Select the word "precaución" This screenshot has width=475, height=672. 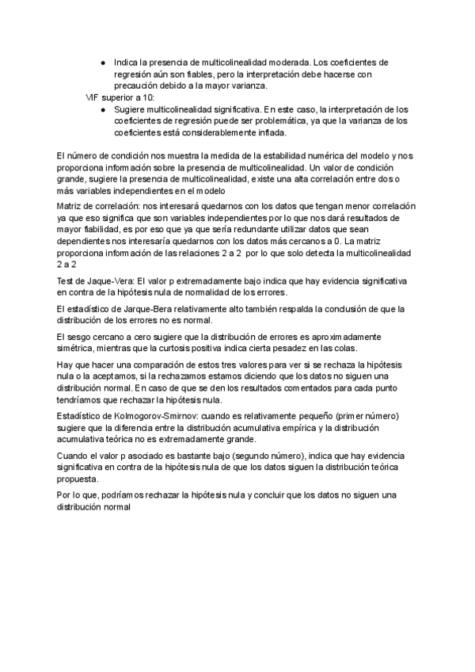point(139,86)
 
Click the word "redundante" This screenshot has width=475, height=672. point(240,228)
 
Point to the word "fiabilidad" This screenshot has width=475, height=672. point(102,228)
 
